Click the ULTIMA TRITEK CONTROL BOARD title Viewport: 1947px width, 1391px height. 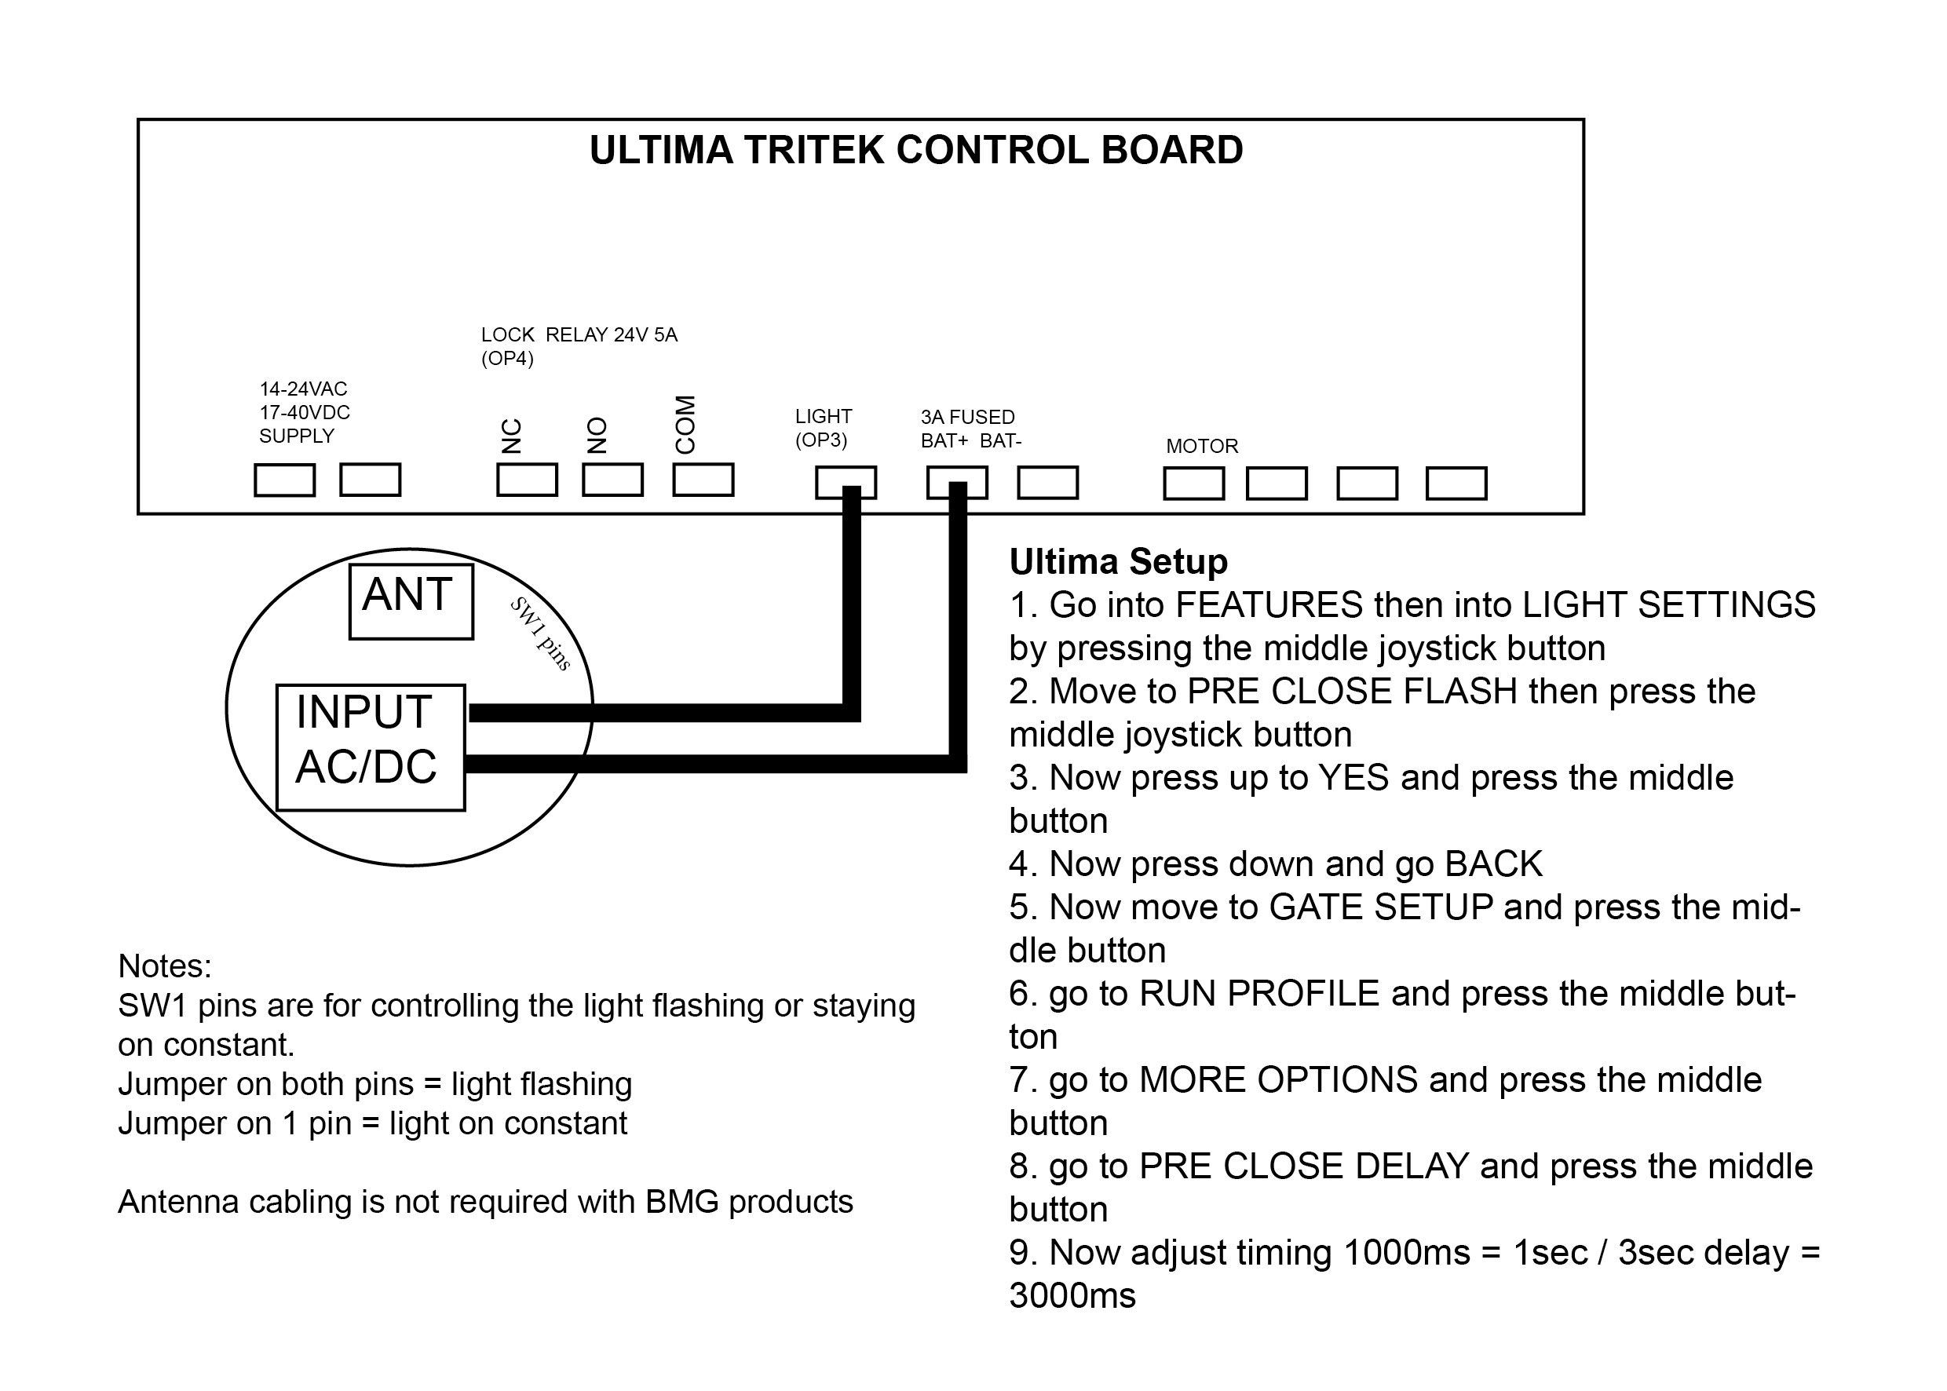[915, 151]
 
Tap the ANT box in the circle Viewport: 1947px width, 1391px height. [411, 601]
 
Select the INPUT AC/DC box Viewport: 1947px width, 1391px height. [370, 747]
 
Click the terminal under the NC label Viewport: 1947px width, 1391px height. [527, 480]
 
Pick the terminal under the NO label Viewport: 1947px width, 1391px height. [612, 480]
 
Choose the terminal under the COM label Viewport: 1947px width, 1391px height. [703, 480]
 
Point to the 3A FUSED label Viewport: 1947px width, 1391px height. [967, 417]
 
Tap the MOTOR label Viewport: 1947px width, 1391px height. [1202, 446]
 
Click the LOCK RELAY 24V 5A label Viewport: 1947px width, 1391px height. [579, 335]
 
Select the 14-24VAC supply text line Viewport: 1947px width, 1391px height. [303, 389]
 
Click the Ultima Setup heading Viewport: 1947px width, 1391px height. [1118, 562]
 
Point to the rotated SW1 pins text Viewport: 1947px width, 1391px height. [540, 633]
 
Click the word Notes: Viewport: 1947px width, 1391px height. [164, 966]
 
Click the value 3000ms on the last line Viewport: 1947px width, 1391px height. [1072, 1295]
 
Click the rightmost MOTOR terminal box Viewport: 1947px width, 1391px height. [1456, 483]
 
